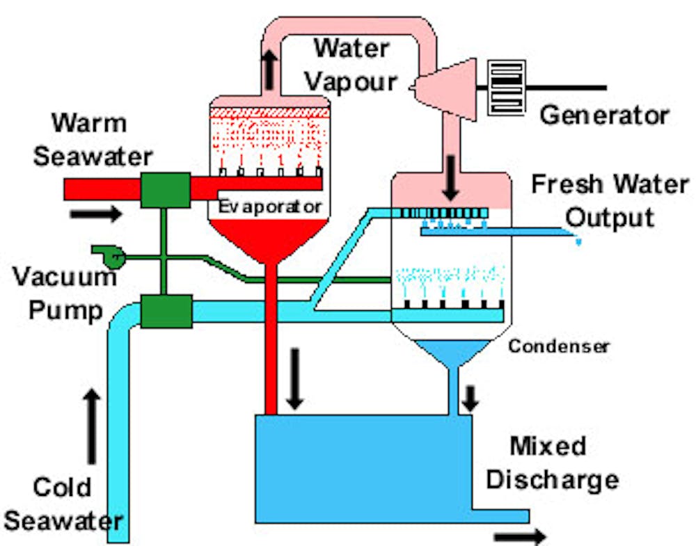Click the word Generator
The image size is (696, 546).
point(604,115)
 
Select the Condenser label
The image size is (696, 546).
point(558,346)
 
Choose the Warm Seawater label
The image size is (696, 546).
point(80,140)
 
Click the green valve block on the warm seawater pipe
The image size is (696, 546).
point(165,189)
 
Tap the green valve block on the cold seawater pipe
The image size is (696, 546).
point(166,311)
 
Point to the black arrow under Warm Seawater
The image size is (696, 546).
point(96,213)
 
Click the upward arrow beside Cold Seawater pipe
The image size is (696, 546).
point(91,426)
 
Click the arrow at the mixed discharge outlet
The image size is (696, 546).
point(521,536)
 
